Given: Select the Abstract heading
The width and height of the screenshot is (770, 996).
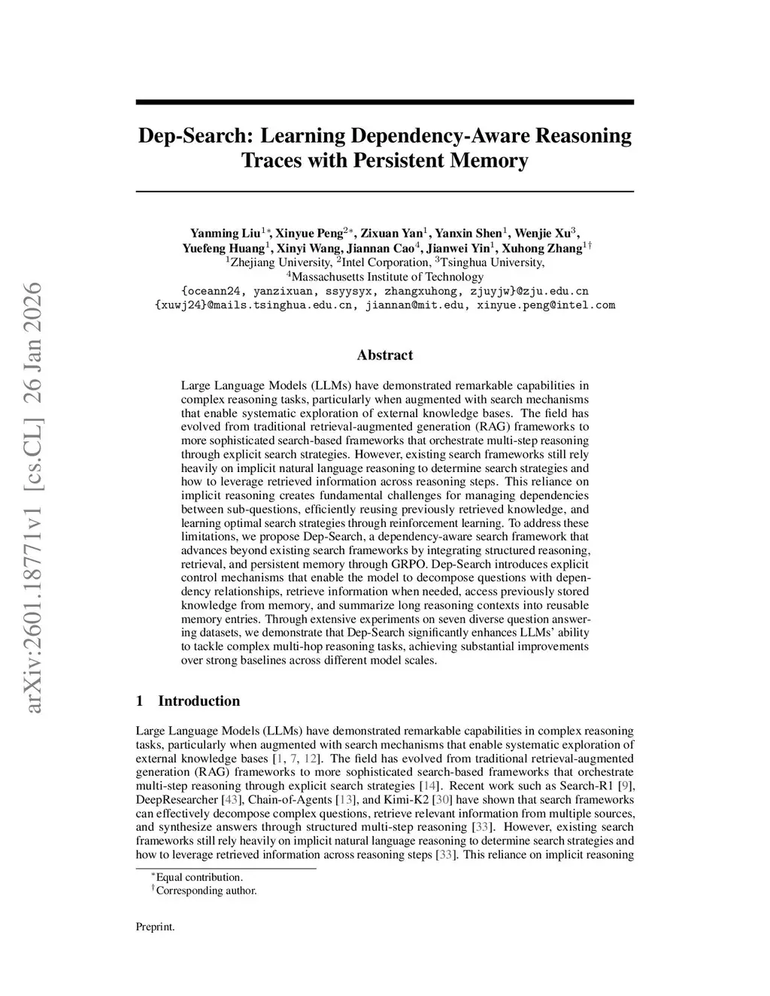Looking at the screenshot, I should click(384, 355).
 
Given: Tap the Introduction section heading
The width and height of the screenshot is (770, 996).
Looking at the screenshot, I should click(199, 701).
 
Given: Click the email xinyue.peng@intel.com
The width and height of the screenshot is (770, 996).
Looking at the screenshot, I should click(546, 305).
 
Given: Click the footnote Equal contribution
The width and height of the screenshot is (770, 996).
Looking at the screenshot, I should click(199, 877).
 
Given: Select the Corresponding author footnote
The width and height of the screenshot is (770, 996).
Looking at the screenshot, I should click(206, 891).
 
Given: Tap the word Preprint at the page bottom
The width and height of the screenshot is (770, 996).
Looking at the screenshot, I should click(155, 927).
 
